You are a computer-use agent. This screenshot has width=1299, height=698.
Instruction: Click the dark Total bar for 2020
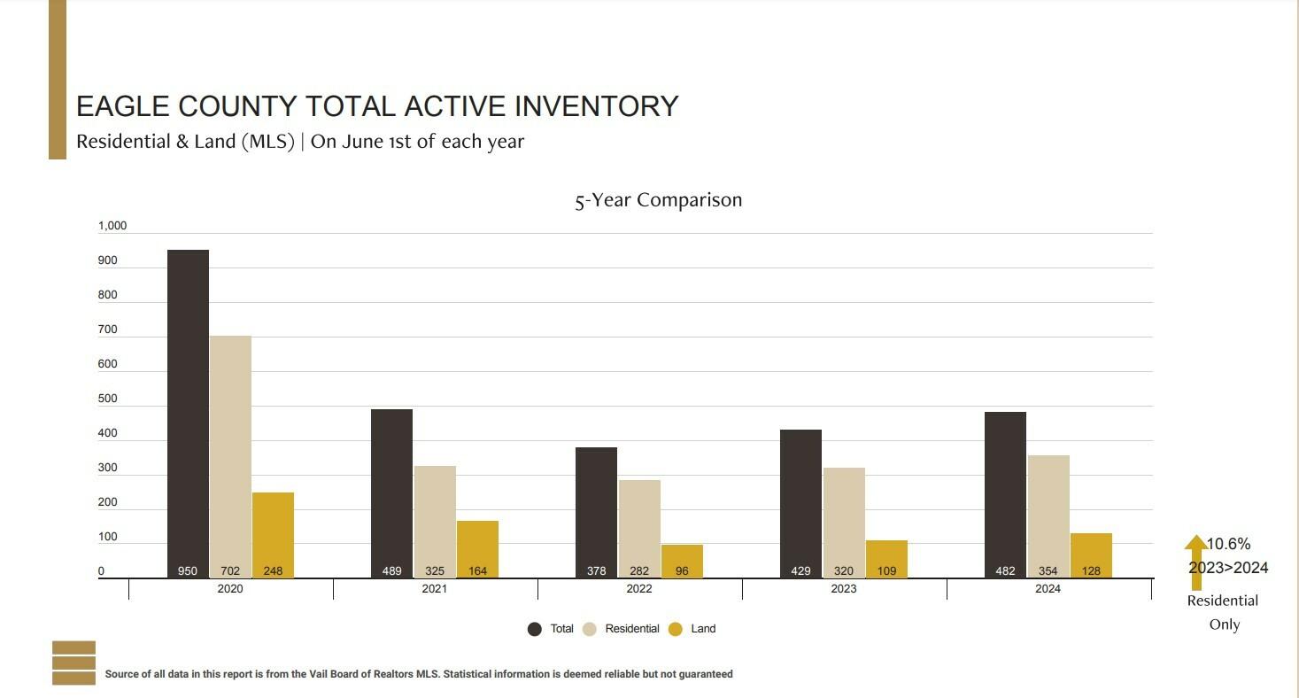(188, 414)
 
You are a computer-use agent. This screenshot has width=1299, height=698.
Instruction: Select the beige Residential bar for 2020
(230, 457)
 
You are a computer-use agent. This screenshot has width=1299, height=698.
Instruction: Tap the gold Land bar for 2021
(477, 549)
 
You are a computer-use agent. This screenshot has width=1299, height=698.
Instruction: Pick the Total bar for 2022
(596, 512)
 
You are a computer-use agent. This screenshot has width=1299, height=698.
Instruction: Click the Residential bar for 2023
(844, 523)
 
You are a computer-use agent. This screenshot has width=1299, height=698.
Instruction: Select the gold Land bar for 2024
(1091, 556)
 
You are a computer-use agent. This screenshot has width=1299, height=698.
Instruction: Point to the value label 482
(1005, 571)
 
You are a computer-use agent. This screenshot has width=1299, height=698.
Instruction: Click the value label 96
(682, 571)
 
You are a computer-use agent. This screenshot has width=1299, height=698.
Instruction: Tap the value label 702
(230, 571)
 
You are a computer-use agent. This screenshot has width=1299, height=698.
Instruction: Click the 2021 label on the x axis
(435, 589)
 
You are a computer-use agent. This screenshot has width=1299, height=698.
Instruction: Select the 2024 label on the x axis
(1048, 589)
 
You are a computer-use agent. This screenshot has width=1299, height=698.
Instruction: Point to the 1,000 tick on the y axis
(112, 226)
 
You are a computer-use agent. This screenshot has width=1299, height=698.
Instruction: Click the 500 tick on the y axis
(107, 399)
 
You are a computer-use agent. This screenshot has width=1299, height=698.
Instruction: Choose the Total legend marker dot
(535, 629)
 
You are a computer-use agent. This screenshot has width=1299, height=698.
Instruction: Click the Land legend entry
(692, 629)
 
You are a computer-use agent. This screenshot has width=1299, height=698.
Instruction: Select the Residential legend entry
(621, 629)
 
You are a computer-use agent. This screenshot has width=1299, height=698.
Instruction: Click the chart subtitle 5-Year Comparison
(658, 200)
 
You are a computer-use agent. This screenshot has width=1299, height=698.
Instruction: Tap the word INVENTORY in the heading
(597, 106)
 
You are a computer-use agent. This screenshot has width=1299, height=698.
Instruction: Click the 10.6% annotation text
(1228, 544)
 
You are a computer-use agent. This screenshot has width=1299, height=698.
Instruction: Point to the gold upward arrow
(1195, 562)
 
